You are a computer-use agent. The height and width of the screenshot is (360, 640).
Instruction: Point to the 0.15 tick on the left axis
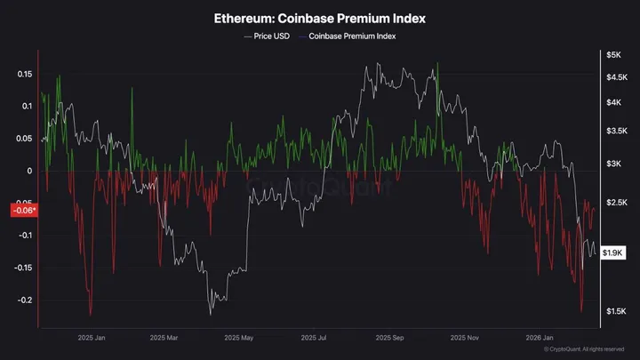24,74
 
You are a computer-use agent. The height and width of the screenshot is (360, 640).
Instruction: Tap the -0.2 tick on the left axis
24,300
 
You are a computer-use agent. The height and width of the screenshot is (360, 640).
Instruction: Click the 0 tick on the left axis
29,171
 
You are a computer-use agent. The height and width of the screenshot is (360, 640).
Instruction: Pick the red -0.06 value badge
22,211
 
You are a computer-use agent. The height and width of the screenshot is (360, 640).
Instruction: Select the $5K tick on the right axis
613,55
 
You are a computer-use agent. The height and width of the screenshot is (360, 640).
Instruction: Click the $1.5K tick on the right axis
616,310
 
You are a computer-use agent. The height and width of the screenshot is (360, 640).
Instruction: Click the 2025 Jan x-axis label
92,338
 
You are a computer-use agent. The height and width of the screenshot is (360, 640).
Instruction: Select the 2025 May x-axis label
239,338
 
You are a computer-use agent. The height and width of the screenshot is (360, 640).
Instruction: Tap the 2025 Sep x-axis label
390,338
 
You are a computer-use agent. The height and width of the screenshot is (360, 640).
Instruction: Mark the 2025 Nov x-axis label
465,338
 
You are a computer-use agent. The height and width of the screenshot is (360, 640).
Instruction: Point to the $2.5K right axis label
616,204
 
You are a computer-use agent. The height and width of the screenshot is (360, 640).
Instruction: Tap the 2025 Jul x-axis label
315,338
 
